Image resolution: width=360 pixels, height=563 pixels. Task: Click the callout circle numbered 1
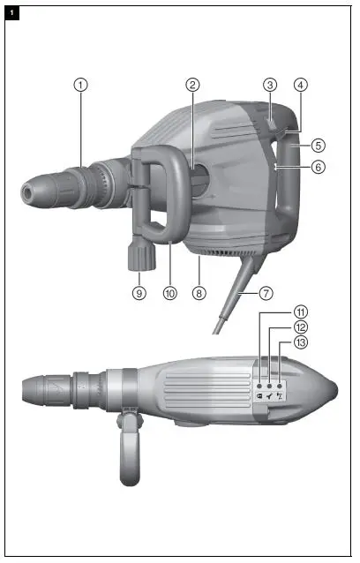[x=80, y=85]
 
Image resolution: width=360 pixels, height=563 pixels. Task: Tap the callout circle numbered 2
[x=192, y=85]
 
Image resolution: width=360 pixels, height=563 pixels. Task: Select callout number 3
[x=270, y=85]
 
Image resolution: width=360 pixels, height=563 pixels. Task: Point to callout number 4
[x=301, y=85]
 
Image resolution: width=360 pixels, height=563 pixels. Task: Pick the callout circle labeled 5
[x=318, y=145]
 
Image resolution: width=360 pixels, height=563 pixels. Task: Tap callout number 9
[x=139, y=292]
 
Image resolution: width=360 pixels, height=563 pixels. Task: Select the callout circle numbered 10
[x=170, y=292]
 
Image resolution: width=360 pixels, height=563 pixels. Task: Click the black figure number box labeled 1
[x=11, y=12]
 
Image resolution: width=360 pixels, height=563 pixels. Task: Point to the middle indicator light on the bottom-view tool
[x=269, y=387]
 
